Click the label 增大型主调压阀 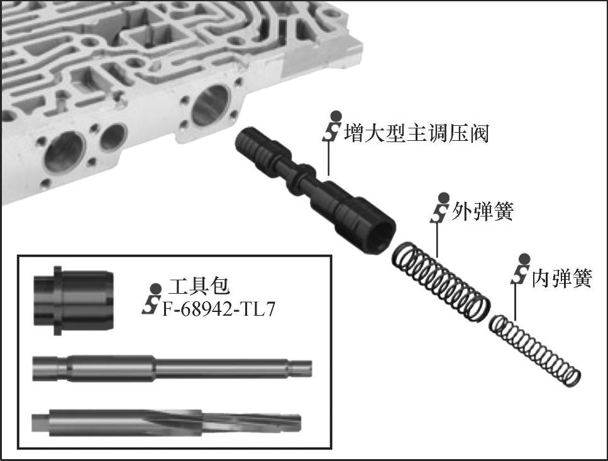pyautogui.click(x=416, y=133)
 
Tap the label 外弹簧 pyautogui.click(x=482, y=211)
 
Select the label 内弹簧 pyautogui.click(x=561, y=277)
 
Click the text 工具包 pyautogui.click(x=199, y=286)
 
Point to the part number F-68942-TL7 pyautogui.click(x=218, y=309)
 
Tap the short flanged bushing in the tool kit pyautogui.click(x=74, y=301)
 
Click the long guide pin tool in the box pyautogui.click(x=172, y=368)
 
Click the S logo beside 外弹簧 pyautogui.click(x=441, y=209)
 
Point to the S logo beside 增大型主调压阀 pyautogui.click(x=333, y=126)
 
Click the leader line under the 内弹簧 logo pyautogui.click(x=516, y=302)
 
